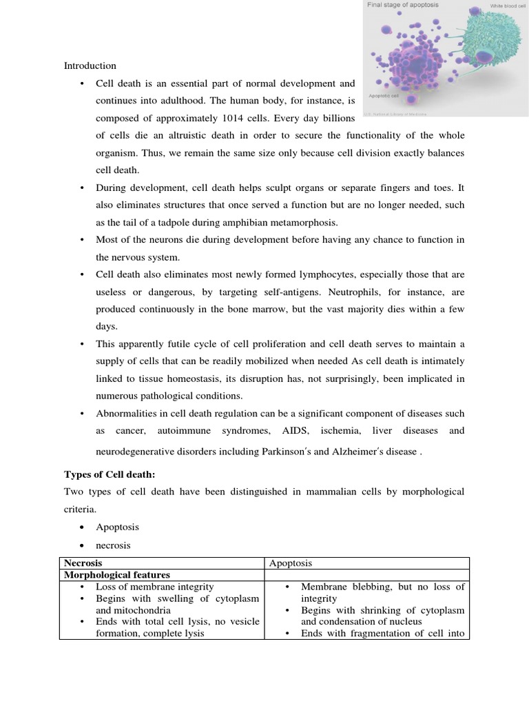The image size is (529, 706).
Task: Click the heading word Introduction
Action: (90, 65)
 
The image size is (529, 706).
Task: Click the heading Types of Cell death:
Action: (110, 474)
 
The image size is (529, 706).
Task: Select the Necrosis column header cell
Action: (83, 563)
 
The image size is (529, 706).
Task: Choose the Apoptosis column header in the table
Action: (291, 563)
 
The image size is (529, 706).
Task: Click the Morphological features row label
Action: (117, 574)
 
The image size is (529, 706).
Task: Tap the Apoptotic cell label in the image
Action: (384, 97)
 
